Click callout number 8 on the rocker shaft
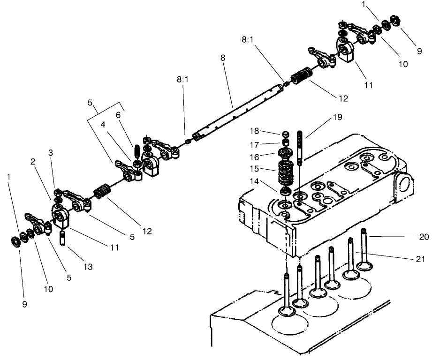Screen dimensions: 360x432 tap(223, 59)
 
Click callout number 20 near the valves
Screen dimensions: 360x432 tap(424, 237)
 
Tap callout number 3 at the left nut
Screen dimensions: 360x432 tap(51, 152)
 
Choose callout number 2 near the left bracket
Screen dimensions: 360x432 tap(33, 161)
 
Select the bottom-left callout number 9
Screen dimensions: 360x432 tap(24, 304)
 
